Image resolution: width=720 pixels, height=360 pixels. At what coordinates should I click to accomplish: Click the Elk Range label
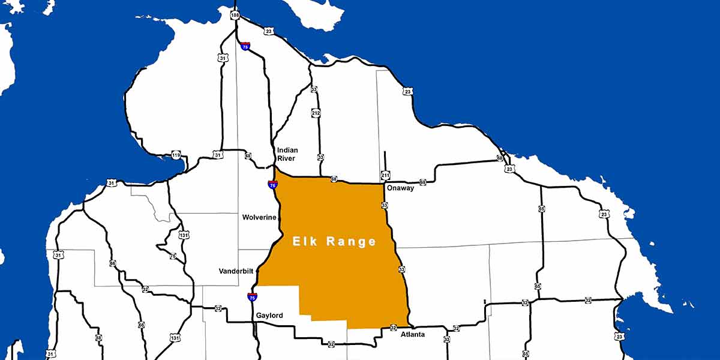point(334,242)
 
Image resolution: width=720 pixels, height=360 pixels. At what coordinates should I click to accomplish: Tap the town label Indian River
point(287,154)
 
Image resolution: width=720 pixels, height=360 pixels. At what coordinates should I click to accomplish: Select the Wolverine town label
point(259,217)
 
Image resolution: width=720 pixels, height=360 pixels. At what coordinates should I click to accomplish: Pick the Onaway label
point(400,188)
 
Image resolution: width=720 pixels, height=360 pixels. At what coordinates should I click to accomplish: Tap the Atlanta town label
point(413,334)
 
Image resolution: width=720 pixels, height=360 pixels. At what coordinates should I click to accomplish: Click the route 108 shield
point(235,14)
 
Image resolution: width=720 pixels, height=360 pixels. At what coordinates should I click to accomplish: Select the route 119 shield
point(176,155)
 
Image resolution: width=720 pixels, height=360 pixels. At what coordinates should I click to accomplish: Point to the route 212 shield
point(316,113)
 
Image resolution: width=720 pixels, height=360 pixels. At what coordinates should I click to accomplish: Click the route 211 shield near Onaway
point(385,175)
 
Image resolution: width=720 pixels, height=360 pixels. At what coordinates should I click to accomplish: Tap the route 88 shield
point(98,338)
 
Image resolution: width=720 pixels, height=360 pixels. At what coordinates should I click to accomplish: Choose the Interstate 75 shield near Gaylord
point(252,296)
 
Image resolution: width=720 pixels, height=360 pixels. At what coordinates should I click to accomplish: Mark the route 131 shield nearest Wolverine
point(184,235)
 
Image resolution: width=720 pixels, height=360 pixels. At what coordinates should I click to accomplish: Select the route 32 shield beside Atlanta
point(393,328)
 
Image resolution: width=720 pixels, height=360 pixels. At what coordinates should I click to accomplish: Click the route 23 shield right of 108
point(268,31)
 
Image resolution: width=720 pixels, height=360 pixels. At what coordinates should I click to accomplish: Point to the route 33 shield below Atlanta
point(446,340)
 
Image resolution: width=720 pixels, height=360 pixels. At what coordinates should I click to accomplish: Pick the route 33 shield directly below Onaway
point(384,205)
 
